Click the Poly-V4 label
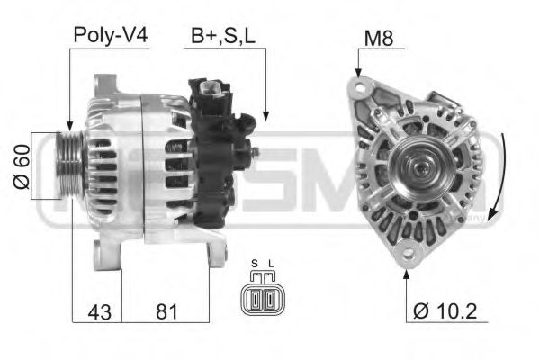[x=110, y=37]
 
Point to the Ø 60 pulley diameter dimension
[x=23, y=167]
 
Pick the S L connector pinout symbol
[x=261, y=296]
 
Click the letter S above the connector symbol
[x=254, y=265]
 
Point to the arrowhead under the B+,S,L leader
[x=266, y=114]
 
